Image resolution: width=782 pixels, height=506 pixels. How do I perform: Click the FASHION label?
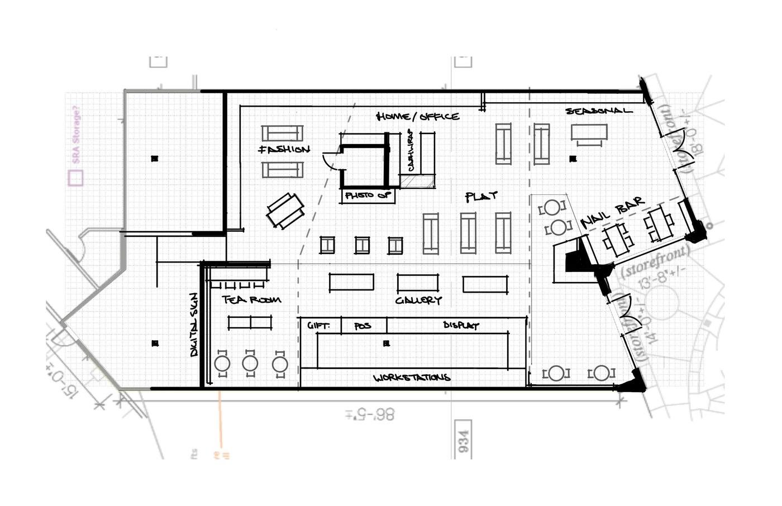284,150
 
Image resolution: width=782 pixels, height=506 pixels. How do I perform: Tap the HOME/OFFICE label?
418,116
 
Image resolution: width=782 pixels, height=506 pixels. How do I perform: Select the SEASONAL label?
599,111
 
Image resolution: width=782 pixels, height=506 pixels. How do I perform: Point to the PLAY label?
481,197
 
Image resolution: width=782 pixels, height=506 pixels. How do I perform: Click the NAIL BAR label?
613,212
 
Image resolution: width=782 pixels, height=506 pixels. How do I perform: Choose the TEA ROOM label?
252,300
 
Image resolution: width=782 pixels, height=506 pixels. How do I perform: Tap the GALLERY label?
418,300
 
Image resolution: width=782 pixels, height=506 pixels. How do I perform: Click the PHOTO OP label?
368,195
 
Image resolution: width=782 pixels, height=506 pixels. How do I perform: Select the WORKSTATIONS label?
412,378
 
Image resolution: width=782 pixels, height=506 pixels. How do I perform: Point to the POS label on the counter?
363,326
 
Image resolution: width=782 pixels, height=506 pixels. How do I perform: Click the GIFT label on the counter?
318,326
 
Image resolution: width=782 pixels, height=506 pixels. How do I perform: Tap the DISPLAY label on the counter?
461,325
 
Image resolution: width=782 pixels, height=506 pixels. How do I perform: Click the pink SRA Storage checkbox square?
75,178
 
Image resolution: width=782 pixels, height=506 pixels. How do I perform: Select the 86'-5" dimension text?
370,414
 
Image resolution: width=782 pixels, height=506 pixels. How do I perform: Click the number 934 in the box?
464,440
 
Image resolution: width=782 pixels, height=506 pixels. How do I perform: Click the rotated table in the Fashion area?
285,211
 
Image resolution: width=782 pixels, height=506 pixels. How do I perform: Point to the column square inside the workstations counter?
386,344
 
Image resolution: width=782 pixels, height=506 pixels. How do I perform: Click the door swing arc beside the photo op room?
329,161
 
